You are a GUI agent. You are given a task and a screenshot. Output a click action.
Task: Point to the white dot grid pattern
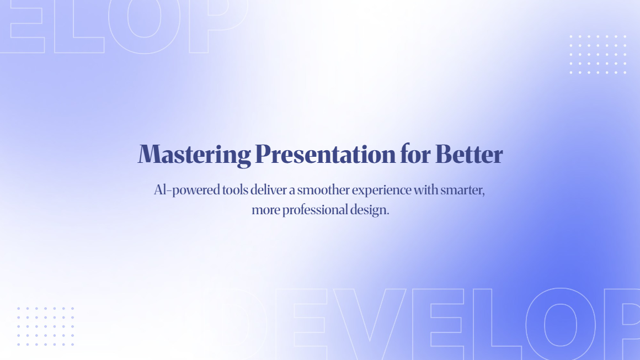tap(598, 54)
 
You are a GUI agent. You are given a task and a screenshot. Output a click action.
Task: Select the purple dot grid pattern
tap(45, 326)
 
